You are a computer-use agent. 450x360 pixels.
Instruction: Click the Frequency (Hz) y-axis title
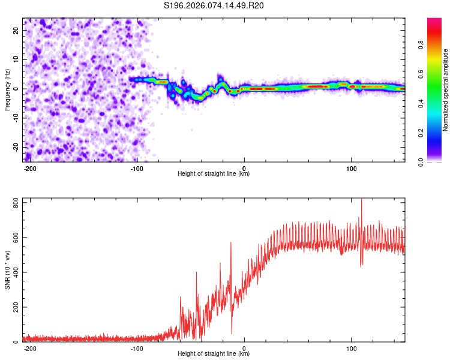tap(7, 89)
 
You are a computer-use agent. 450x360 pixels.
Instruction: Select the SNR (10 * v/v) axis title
tap(7, 270)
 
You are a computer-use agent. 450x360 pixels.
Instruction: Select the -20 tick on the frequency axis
tap(16, 147)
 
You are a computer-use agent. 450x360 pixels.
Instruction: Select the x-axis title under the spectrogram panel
tap(214, 174)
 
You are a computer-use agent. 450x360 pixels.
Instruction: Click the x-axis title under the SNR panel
tap(214, 354)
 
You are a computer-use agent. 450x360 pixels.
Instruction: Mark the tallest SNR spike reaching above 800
tap(361, 200)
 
